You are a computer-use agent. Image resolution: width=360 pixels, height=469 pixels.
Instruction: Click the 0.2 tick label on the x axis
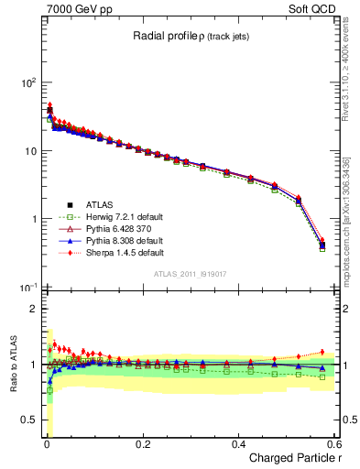coord(142,444)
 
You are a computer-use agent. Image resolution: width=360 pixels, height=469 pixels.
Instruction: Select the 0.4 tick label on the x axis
coord(238,444)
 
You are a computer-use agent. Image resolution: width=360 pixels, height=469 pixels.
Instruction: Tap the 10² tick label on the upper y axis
coord(27,82)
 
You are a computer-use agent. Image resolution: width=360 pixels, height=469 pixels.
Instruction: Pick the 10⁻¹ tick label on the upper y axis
coord(27,288)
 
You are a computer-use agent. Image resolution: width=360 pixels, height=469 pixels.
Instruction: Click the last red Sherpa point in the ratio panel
coord(322,352)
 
